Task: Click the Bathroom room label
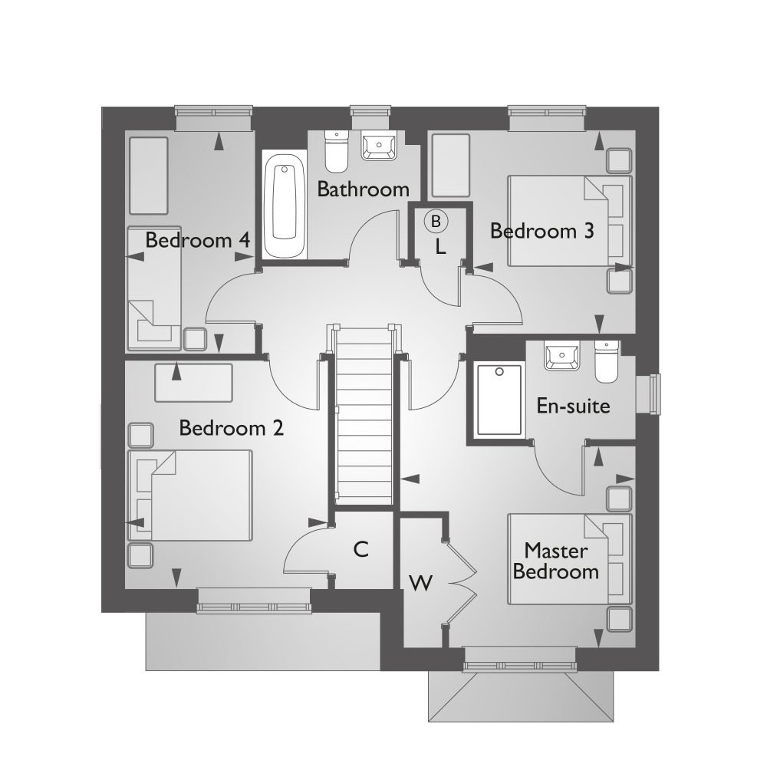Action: (363, 189)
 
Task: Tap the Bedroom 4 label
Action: (198, 240)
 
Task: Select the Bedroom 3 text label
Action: (542, 230)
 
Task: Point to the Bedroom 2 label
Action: (231, 427)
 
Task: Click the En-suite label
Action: (573, 406)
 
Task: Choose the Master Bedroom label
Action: (556, 561)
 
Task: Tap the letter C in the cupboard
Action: (361, 549)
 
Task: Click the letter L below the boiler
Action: (440, 247)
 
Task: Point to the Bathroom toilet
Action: (336, 151)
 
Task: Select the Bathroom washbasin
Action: (378, 146)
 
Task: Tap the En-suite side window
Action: (653, 393)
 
